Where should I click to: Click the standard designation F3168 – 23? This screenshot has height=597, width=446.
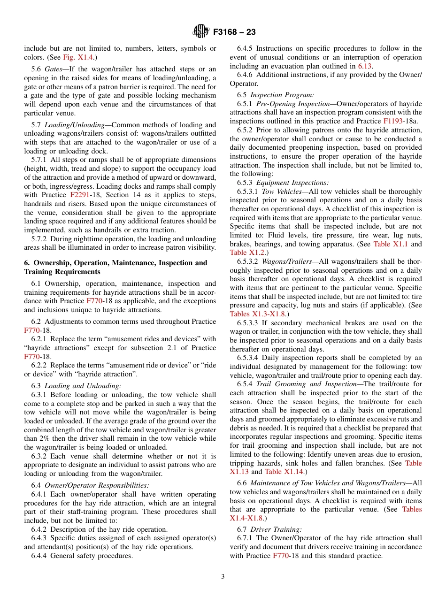(x=234, y=32)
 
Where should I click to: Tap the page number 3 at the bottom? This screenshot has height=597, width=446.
(x=223, y=577)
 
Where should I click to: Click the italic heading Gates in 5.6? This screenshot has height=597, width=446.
(x=55, y=69)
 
